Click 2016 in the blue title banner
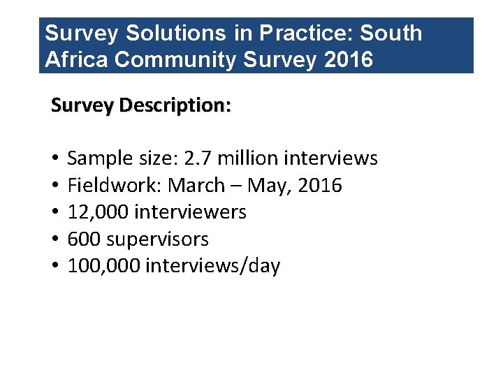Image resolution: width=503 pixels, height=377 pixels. tap(349, 59)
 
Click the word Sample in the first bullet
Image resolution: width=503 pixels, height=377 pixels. tap(98, 158)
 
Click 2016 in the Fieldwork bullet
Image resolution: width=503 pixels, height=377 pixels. tap(319, 186)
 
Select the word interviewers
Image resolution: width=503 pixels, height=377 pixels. tap(189, 212)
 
